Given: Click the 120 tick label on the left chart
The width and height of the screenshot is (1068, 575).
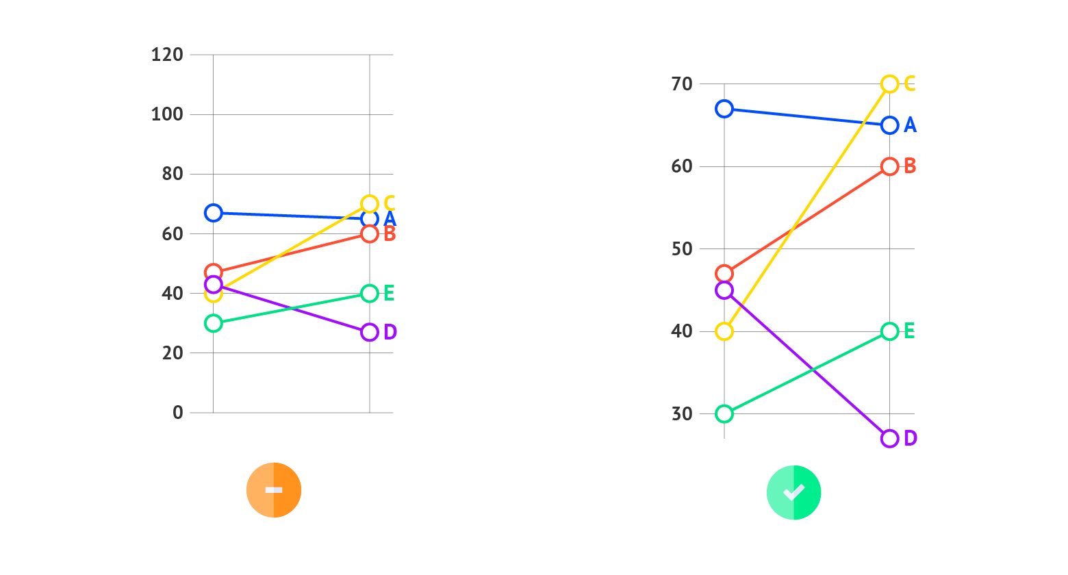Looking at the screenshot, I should pos(167,55).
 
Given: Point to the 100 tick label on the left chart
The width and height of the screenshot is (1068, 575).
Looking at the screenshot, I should pos(167,114).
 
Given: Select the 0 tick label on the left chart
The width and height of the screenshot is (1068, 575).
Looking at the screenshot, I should pos(178,413).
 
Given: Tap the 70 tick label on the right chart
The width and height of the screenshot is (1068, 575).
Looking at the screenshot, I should pos(683,84).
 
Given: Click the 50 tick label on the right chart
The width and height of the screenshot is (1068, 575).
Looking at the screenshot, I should pos(683,249).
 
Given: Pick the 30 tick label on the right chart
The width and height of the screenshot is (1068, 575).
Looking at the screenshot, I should pos(683,414).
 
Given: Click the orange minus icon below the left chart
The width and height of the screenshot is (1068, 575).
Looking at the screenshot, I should pos(274,490).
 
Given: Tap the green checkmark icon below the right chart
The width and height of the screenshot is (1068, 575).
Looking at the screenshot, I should pos(793,492).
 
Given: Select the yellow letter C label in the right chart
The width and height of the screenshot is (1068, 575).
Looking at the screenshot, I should pos(910,84).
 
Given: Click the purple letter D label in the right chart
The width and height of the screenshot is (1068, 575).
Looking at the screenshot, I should pos(910,439).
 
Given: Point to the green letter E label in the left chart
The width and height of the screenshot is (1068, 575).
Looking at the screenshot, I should pos(389,294).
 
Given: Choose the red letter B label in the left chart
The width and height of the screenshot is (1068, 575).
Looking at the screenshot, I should pos(389,234).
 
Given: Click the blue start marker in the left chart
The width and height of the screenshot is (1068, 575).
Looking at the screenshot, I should pos(214,213).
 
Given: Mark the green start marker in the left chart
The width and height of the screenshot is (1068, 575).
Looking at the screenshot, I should pos(214,323).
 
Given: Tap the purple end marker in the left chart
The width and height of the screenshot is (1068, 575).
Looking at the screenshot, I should pos(370,332).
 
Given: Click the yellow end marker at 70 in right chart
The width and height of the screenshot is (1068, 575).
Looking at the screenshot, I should pos(889,84).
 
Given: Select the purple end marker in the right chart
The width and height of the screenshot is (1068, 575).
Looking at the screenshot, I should pos(889,439).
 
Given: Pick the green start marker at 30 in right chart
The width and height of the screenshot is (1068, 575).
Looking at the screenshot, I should pos(724,414).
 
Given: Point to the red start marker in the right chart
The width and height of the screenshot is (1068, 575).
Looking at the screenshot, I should pos(724,274).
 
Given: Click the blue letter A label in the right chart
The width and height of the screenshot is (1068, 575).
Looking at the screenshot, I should pos(910,125).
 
